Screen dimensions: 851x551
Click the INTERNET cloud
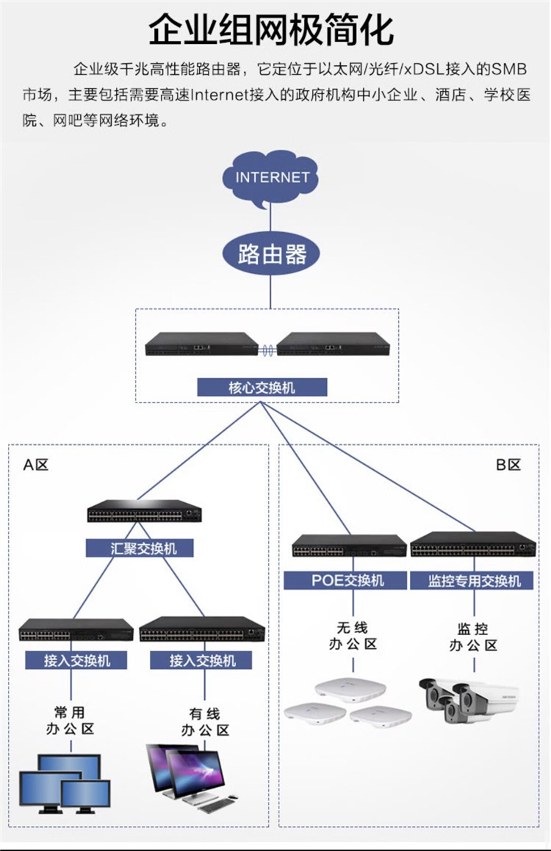(272, 178)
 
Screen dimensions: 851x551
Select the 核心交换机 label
(262, 387)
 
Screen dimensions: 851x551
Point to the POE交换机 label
(347, 580)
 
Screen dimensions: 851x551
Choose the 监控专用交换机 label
(474, 580)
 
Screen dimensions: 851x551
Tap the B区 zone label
(508, 465)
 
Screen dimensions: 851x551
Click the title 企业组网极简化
(271, 30)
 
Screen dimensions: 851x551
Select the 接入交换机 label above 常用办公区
(76, 660)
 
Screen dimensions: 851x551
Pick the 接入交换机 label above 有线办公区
(202, 660)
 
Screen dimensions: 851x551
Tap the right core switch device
(335, 344)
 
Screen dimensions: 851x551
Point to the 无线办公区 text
(352, 636)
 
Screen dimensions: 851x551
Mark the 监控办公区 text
(473, 637)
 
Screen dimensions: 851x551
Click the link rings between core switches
(268, 350)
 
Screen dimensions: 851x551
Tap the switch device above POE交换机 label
(349, 546)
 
